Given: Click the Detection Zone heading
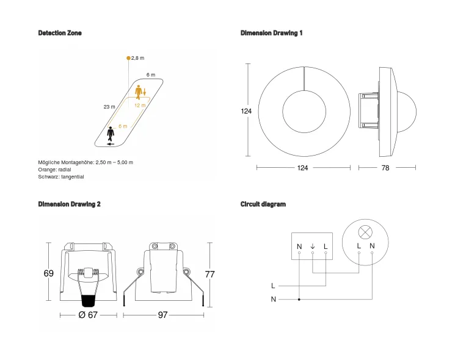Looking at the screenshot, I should tap(59, 33).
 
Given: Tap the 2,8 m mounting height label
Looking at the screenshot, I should tap(138, 58).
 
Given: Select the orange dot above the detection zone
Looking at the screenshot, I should tap(128, 58).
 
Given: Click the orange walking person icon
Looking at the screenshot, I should tap(140, 93).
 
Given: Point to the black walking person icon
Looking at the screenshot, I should tap(111, 132).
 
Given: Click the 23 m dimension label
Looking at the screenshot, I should tap(109, 107).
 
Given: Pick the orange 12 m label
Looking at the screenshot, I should tap(140, 106).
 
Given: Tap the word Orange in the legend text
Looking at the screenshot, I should tap(48, 169).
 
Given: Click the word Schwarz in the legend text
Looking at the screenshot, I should tap(49, 176).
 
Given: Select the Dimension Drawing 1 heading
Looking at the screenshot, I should tap(271, 33).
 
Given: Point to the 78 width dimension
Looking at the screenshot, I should tap(385, 168).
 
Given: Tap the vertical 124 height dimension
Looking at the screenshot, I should tap(246, 112).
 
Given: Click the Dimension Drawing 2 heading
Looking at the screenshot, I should tap(69, 204).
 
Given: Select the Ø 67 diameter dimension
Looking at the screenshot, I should tap(89, 315).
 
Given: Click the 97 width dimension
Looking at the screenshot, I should tap(162, 315).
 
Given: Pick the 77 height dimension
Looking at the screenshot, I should tap(209, 275).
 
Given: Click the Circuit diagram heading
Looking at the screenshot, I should tap(263, 204).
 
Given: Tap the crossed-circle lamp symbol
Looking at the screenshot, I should tap(365, 232).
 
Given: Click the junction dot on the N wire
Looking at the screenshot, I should tap(299, 300).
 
